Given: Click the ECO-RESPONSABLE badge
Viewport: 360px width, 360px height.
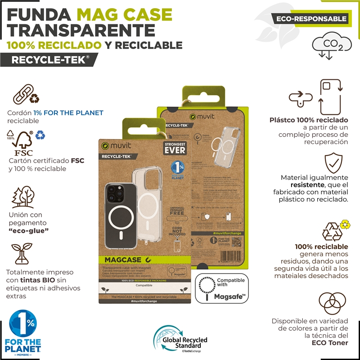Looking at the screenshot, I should [310, 18].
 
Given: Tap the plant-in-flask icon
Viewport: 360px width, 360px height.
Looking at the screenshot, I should [21, 254].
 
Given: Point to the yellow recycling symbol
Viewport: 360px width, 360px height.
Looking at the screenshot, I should [345, 224].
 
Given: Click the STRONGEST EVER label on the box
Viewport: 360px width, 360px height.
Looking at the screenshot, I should [174, 148].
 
